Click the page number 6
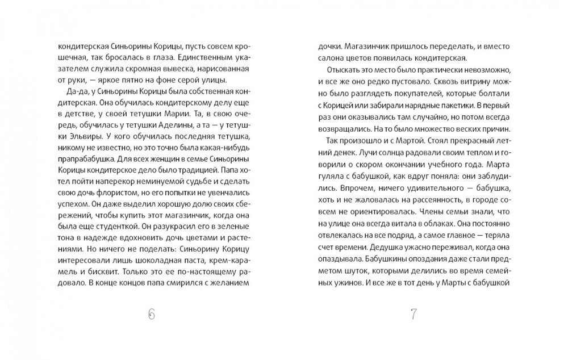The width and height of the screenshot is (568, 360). pyautogui.click(x=151, y=314)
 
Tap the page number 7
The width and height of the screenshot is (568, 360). pyautogui.click(x=414, y=314)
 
